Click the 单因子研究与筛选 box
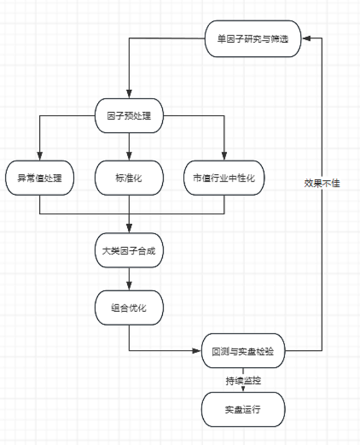click(x=253, y=39)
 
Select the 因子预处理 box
click(x=129, y=116)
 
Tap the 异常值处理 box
click(x=40, y=178)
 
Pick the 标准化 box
click(x=129, y=178)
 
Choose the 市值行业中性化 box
click(x=224, y=178)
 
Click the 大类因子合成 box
click(x=129, y=250)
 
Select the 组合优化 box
click(x=129, y=308)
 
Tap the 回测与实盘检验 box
click(x=243, y=351)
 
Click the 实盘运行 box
click(x=243, y=409)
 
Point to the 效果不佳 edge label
click(x=322, y=183)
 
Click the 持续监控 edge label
click(x=243, y=380)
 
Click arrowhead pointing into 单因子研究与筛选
click(x=306, y=38)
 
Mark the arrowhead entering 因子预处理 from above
click(x=129, y=94)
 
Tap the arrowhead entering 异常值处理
click(x=40, y=156)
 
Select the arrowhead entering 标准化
click(x=129, y=156)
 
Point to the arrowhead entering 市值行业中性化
click(x=224, y=156)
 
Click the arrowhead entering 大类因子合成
click(x=129, y=229)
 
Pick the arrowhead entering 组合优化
click(x=129, y=286)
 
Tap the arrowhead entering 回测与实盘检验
click(x=197, y=351)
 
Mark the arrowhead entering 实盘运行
click(x=243, y=389)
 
